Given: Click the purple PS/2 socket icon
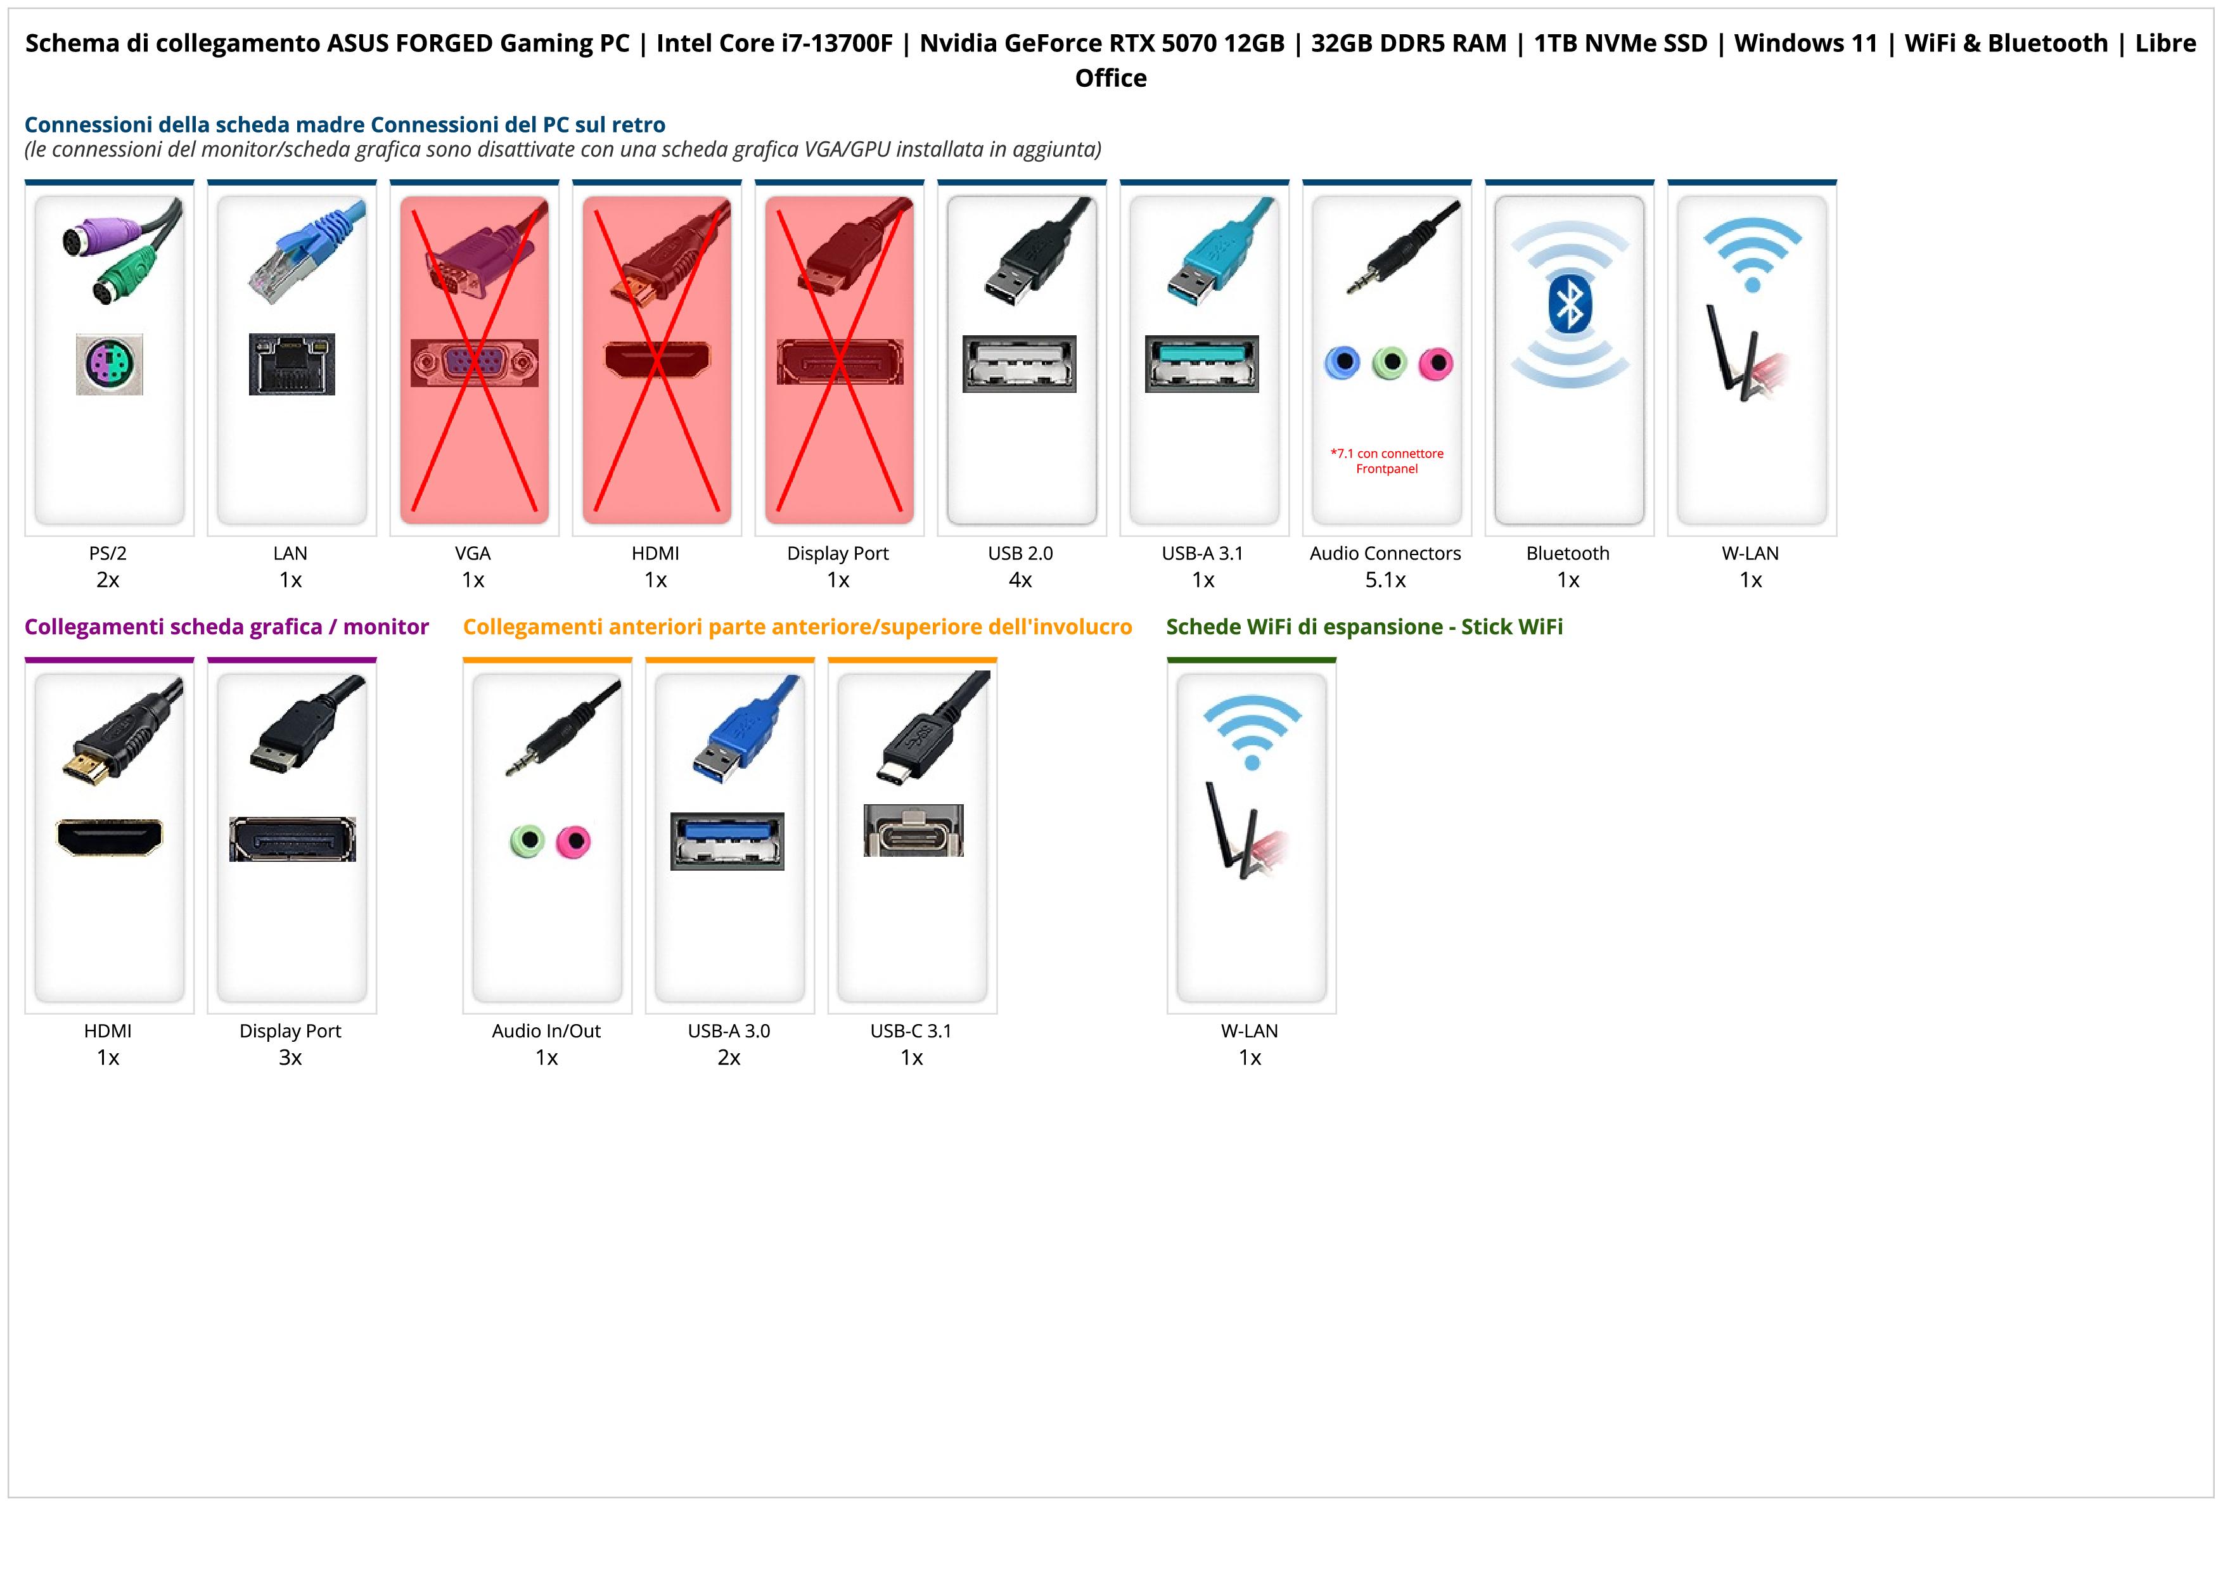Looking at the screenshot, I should click(110, 364).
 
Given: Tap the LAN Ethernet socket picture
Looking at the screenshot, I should click(291, 364).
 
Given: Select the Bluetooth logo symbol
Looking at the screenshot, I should click(1568, 305).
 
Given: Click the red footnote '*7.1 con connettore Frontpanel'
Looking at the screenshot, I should click(1387, 461).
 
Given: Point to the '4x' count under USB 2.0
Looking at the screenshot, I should click(1020, 580).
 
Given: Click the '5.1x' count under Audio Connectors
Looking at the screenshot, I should click(1385, 580).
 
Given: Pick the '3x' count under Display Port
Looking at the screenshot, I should click(290, 1057).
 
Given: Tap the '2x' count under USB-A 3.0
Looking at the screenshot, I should click(729, 1057).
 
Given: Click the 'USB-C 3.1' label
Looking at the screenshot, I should click(911, 1031).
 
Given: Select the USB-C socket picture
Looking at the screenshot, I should click(913, 831).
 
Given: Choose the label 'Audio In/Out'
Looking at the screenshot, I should click(546, 1031).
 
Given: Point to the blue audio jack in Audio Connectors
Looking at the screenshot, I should click(1342, 363).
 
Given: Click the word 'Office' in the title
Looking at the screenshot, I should click(1110, 79).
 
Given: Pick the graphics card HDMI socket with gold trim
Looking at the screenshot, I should click(110, 837).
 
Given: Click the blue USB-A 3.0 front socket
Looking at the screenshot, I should click(727, 840).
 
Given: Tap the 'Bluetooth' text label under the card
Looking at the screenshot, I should click(1568, 554).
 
